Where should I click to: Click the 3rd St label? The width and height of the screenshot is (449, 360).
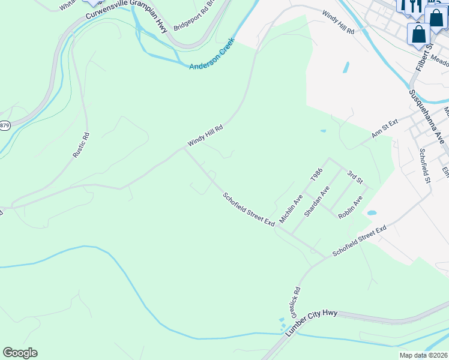(355, 177)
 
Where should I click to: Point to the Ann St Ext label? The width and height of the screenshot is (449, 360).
(384, 129)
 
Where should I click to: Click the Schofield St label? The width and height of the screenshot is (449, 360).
(426, 166)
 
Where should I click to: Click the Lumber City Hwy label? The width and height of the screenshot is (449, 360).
(312, 323)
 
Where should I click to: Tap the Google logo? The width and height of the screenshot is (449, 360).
(20, 353)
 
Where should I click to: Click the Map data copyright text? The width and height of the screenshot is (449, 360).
(423, 355)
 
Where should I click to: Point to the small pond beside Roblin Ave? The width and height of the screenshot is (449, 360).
(372, 213)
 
